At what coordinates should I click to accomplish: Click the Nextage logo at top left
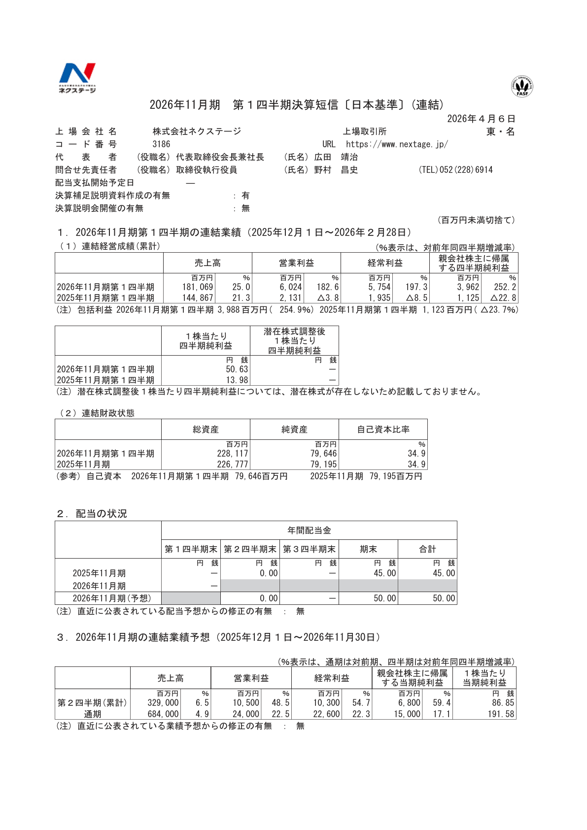[77, 77]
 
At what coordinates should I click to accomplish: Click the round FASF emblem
[522, 86]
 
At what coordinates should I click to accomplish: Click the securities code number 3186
[161, 144]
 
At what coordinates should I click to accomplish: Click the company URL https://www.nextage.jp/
[397, 144]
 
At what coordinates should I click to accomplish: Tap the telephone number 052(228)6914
[455, 170]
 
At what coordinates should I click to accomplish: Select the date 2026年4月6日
[481, 119]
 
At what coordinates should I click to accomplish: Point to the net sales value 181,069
[198, 287]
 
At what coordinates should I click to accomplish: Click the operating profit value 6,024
[290, 287]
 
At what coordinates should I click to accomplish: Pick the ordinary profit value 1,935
[380, 298]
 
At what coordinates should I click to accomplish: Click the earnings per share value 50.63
[237, 369]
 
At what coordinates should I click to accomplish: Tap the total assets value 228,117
[233, 454]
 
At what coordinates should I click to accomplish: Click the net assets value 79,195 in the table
[323, 465]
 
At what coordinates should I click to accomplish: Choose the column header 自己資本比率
[383, 430]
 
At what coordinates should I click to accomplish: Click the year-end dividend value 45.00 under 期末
[384, 573]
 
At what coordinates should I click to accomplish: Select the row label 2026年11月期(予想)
[112, 598]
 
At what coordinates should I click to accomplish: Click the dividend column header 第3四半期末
[309, 549]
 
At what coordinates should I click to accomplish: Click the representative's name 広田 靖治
[336, 157]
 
